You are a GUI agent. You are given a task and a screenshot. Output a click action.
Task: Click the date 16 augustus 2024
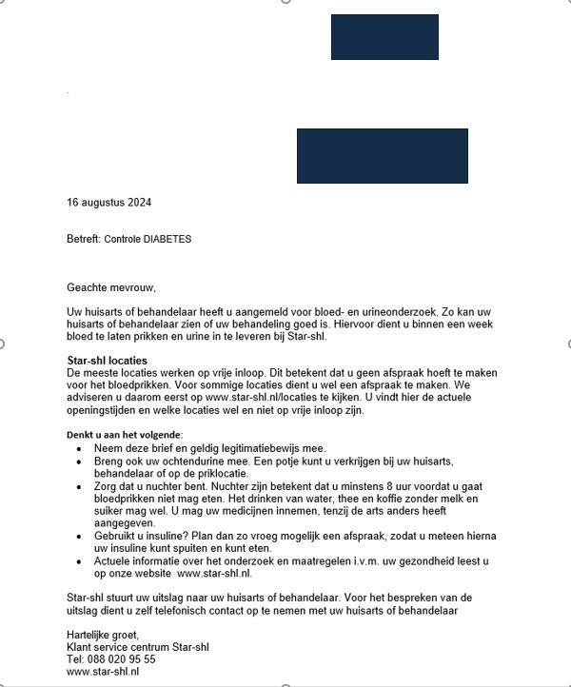point(109,203)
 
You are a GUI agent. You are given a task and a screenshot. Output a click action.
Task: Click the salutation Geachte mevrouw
point(110,287)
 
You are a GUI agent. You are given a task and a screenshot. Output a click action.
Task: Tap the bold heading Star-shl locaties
point(107,361)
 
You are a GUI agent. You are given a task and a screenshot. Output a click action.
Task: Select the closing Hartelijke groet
point(103,635)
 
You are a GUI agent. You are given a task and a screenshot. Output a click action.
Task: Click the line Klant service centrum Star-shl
point(138,647)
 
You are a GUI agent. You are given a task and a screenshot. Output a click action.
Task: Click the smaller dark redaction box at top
point(384,37)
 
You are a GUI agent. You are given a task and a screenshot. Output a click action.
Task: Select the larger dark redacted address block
point(382,155)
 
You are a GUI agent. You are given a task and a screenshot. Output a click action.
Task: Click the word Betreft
point(82,239)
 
